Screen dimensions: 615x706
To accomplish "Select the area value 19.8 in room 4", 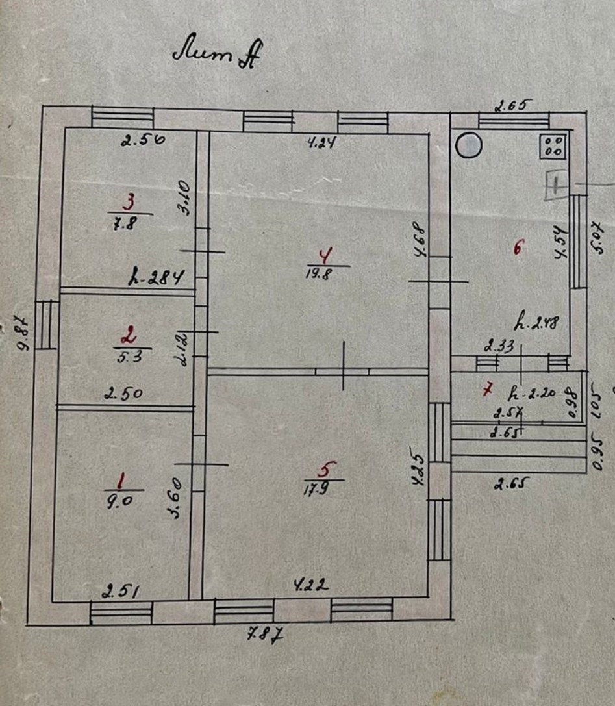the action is [x=321, y=273].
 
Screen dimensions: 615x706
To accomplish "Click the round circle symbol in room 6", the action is [x=468, y=145].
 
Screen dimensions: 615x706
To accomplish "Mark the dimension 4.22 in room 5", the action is [x=310, y=586].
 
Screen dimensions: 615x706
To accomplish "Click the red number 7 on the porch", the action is [x=487, y=389].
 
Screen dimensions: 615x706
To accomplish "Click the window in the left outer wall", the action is [x=46, y=324].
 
